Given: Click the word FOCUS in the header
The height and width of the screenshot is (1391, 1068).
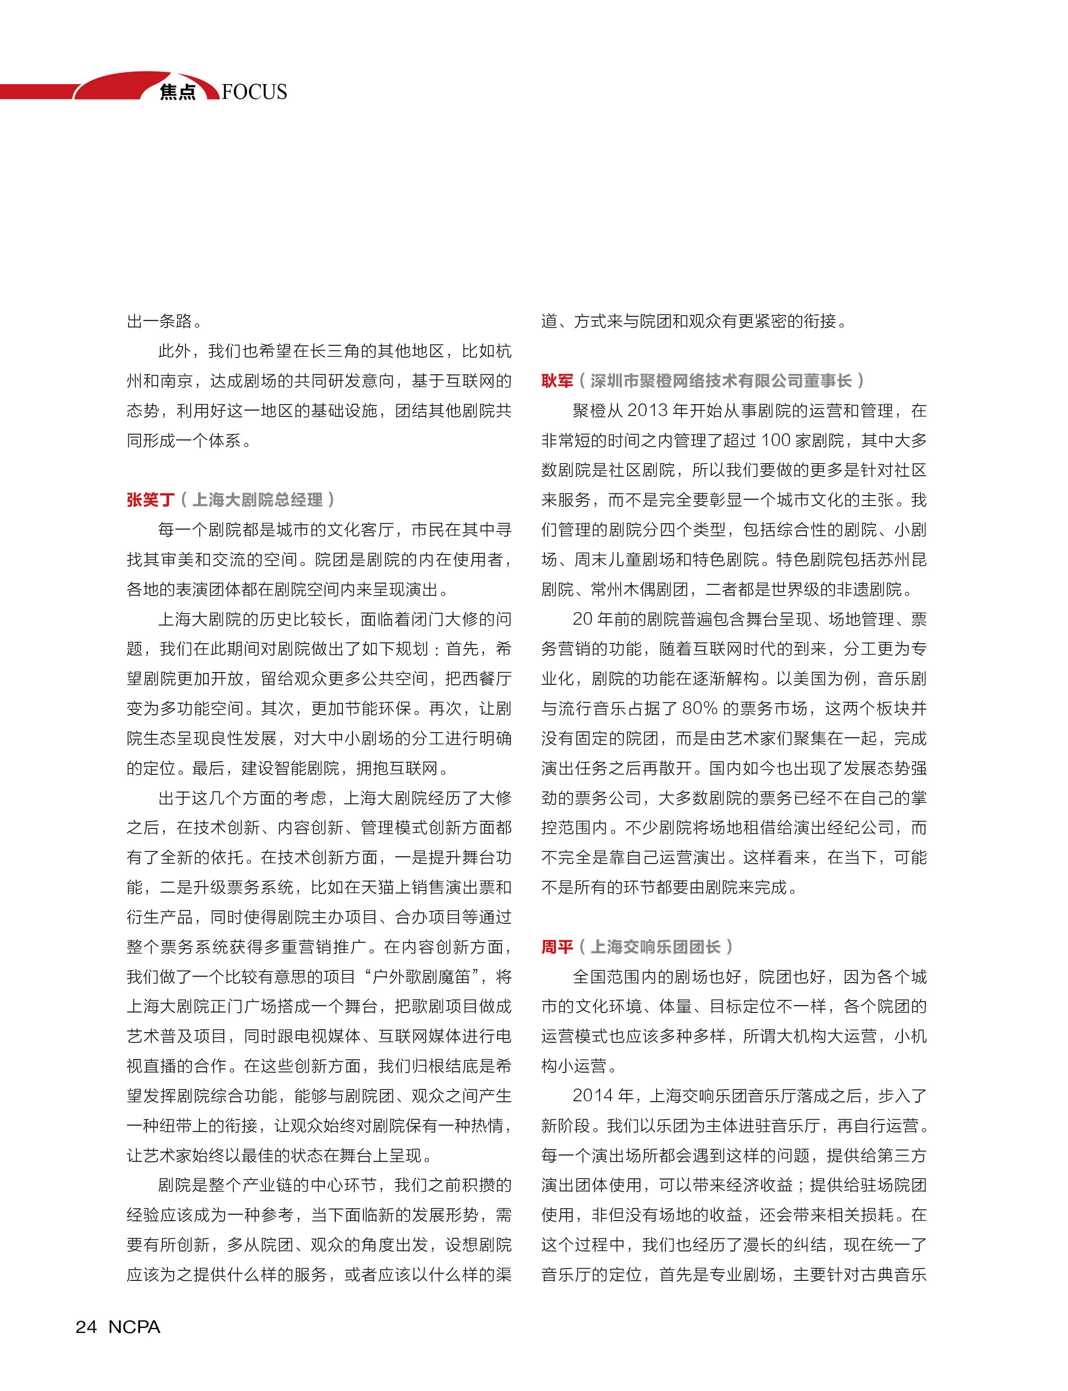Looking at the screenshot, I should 254,92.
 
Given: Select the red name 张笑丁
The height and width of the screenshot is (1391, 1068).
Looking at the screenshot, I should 151,500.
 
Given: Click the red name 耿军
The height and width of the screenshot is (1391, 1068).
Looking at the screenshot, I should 557,380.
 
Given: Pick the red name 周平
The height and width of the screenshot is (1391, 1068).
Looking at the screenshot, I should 557,947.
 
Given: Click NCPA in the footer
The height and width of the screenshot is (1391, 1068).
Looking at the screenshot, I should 134,1327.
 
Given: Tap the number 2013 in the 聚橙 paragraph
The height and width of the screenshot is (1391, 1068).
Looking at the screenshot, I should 648,411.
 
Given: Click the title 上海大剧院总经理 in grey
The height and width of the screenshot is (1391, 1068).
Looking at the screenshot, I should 257,500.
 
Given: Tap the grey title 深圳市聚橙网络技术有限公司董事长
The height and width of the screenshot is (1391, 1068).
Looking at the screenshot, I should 721,380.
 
